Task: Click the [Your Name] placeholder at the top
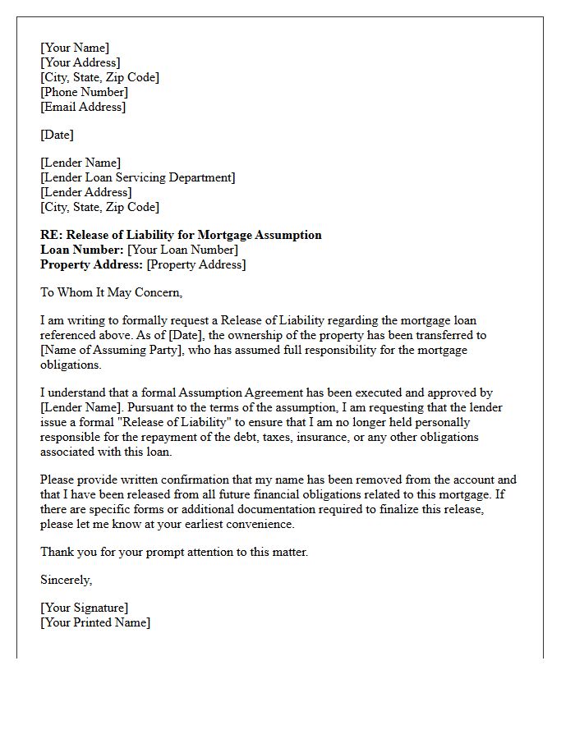click(75, 48)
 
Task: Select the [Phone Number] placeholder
click(84, 92)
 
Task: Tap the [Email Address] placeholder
click(83, 107)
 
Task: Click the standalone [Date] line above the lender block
click(57, 135)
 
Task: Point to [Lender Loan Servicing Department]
click(137, 177)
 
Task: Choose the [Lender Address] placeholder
click(85, 192)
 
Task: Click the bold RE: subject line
click(181, 235)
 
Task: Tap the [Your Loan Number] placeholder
click(182, 250)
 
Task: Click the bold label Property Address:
click(91, 264)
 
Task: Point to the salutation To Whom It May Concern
click(111, 292)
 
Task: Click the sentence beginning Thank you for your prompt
click(174, 552)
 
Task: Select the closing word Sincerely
click(66, 580)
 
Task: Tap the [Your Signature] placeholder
click(84, 608)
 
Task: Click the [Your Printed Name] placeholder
click(95, 622)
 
